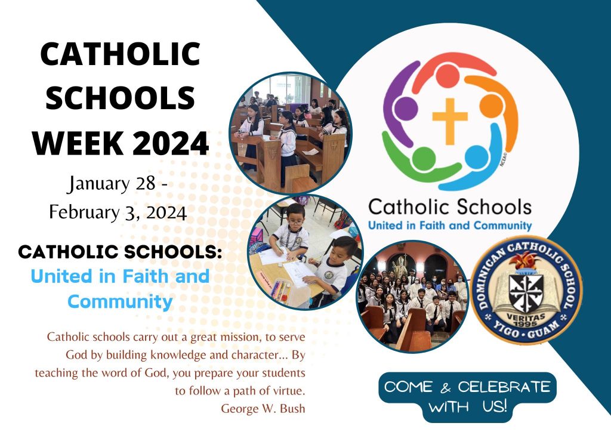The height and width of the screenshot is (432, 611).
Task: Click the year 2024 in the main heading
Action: [171, 143]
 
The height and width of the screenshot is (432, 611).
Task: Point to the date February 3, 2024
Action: [118, 212]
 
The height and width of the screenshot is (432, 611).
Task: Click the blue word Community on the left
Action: [120, 302]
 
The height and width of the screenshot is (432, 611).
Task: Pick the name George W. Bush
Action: [263, 408]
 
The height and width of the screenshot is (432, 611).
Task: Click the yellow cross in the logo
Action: [450, 121]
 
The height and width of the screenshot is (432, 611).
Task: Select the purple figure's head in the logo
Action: [406, 107]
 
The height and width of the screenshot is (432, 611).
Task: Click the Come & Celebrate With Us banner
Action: [467, 397]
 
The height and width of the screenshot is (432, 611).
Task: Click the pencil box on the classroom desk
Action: [280, 289]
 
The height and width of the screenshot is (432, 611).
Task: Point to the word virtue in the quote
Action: [288, 390]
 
